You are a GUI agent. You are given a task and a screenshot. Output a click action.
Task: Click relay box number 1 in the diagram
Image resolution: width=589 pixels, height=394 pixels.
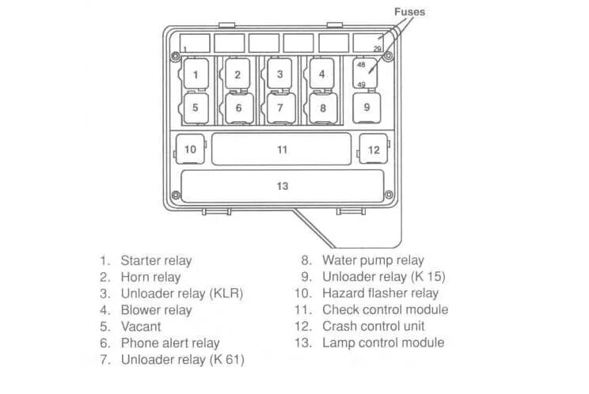click(195, 74)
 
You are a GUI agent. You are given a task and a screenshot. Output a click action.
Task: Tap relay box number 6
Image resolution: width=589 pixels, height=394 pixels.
click(237, 108)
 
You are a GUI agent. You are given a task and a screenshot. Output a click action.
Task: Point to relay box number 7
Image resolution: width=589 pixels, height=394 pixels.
click(280, 108)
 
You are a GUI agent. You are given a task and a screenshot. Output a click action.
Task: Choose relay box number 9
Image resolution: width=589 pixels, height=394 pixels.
click(367, 106)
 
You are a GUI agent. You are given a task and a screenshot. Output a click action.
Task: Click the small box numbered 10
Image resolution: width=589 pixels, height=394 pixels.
click(190, 149)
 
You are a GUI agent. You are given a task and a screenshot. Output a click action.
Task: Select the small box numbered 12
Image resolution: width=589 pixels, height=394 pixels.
click(373, 149)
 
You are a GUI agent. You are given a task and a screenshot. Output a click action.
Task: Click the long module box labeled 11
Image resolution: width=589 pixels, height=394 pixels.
click(282, 149)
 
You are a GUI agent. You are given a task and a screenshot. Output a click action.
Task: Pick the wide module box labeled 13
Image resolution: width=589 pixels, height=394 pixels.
click(282, 186)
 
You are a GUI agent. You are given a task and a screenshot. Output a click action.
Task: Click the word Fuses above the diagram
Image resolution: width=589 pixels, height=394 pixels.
click(409, 12)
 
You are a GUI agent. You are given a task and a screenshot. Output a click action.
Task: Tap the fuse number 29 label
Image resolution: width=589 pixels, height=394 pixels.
click(378, 49)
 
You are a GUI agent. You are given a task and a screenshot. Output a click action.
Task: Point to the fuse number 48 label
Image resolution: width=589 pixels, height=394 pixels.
click(361, 65)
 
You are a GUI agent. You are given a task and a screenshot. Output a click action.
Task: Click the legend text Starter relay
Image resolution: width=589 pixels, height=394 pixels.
click(156, 260)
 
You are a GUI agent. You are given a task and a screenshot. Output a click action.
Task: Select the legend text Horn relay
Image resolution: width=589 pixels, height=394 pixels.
click(150, 277)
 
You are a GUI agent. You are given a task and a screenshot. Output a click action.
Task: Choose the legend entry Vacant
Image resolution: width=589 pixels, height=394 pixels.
click(141, 326)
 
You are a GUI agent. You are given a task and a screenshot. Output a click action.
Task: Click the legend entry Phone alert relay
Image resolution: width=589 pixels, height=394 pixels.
click(169, 343)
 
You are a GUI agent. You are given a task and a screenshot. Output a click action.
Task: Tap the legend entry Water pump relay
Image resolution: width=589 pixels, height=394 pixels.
click(373, 260)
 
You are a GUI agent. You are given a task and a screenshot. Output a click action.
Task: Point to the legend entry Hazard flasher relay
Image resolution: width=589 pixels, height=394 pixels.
click(380, 294)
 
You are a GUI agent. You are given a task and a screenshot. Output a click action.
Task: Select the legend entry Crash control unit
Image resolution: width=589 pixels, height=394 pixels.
click(374, 326)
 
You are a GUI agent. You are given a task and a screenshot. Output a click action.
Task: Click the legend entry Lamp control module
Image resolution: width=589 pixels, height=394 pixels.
click(383, 343)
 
